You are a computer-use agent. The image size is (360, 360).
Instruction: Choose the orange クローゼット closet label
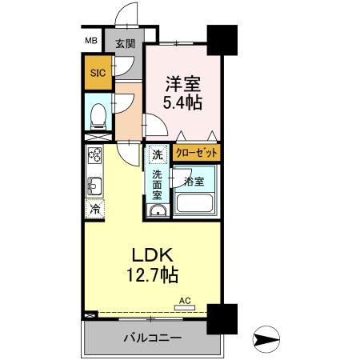197,151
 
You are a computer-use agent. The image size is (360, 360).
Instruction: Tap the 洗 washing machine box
157,152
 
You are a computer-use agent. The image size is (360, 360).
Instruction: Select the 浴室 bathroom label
194,181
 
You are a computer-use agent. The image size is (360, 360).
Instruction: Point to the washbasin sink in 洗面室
157,210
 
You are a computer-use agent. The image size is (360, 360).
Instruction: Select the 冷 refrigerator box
94,210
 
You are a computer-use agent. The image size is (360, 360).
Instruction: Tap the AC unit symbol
184,304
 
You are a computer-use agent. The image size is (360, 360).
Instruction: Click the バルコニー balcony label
151,336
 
